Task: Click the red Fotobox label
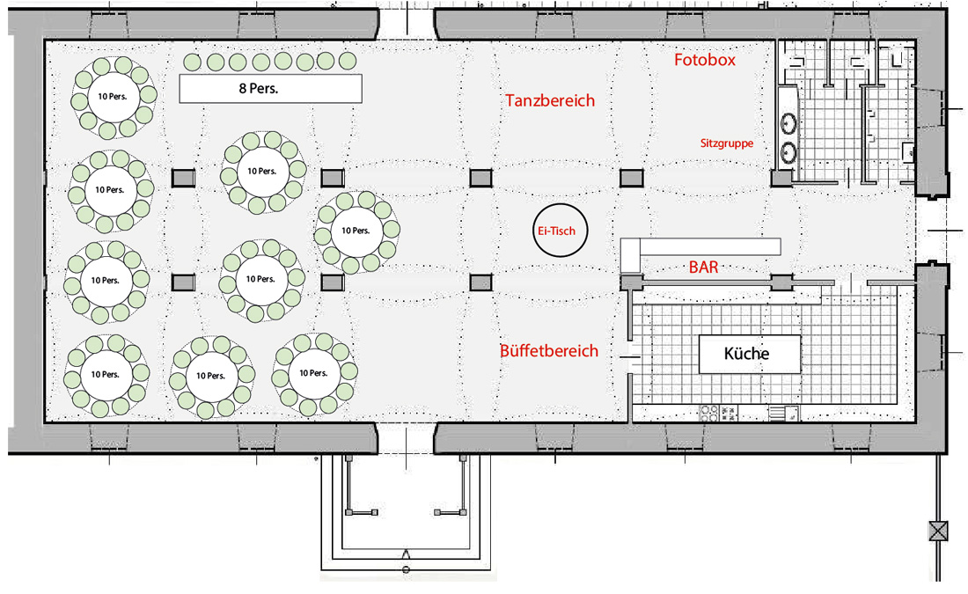point(704,60)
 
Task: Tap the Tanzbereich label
point(550,100)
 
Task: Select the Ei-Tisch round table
point(560,231)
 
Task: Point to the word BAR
point(704,268)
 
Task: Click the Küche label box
point(749,354)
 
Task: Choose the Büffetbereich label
point(549,351)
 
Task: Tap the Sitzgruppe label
point(727,143)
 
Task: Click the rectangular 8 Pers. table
point(270,88)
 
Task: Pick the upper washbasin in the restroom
point(788,123)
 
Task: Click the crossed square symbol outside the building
point(938,531)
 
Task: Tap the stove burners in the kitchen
point(710,413)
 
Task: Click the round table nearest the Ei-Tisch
point(356,231)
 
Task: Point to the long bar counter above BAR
point(710,247)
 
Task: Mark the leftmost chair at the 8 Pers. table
point(193,62)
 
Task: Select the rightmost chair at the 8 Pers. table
point(348,61)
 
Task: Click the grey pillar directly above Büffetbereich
point(480,282)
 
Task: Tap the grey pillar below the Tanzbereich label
point(480,178)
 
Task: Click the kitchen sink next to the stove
point(784,413)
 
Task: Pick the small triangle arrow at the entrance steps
point(407,554)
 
